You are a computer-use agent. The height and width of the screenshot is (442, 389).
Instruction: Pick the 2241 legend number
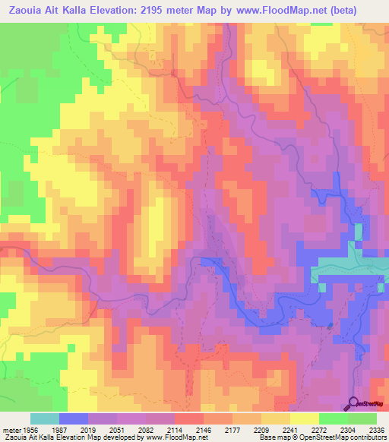pyautogui.click(x=285, y=428)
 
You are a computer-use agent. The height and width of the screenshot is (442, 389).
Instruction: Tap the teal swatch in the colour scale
pyautogui.click(x=45, y=418)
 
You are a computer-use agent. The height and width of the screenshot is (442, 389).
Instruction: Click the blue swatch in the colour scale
pyautogui.click(x=74, y=418)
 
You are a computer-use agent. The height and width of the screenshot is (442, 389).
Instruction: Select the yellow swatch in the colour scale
pyautogui.click(x=304, y=418)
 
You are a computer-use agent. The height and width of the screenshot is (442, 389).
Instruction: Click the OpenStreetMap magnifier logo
pyautogui.click(x=351, y=403)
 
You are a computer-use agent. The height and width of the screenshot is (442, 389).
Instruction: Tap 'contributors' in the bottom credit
pyautogui.click(x=366, y=437)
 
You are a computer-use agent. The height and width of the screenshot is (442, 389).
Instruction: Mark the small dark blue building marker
pyautogui.click(x=330, y=326)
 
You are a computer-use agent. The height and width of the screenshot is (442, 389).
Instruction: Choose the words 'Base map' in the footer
pyautogui.click(x=271, y=437)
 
